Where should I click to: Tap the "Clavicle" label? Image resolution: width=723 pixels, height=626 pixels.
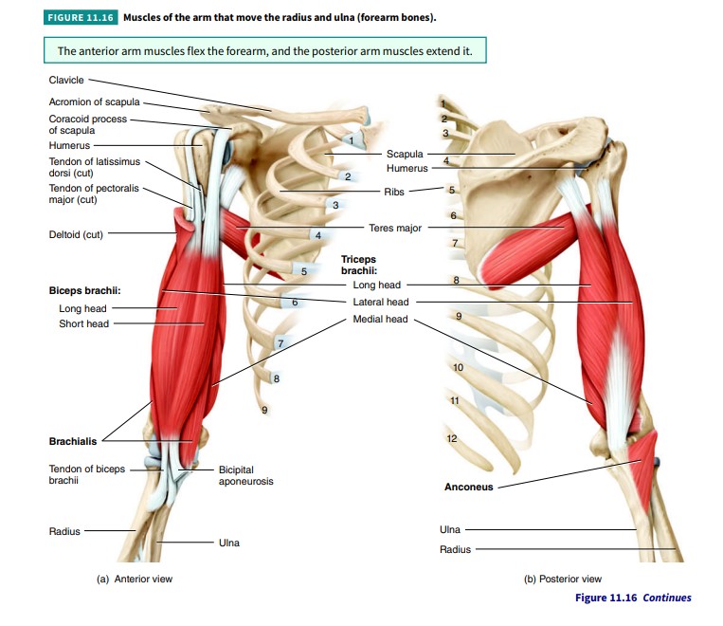66,80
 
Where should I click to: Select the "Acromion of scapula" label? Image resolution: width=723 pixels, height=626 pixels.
94,101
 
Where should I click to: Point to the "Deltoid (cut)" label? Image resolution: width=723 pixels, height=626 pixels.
76,234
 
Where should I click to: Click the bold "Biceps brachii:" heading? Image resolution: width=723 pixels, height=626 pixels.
84,290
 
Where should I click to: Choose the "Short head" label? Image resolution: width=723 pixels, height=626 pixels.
83,323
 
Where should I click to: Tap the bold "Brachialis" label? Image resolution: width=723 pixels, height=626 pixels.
73,441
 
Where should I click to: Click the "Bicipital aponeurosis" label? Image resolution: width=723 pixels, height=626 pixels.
245,475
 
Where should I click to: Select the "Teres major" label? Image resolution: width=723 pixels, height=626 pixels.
395,228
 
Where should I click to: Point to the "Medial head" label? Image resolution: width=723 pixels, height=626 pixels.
380,319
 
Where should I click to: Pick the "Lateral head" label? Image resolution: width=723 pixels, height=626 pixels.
380,302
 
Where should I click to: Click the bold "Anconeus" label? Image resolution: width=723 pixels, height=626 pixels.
468,488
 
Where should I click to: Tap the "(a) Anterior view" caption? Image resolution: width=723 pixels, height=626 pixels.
135,579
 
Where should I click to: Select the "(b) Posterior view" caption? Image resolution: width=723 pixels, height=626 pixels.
563,579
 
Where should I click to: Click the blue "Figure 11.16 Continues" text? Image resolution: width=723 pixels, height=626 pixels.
633,598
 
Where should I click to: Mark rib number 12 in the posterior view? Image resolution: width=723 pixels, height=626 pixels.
451,438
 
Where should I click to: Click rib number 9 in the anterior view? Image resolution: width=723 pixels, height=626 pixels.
265,410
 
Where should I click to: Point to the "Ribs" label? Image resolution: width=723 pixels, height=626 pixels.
394,192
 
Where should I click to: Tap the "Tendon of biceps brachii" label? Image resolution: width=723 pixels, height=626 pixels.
86,474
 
